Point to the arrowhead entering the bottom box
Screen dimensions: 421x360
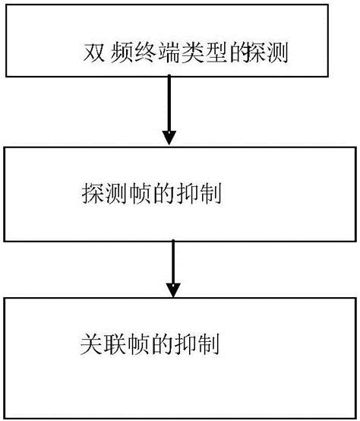(x=173, y=290)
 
